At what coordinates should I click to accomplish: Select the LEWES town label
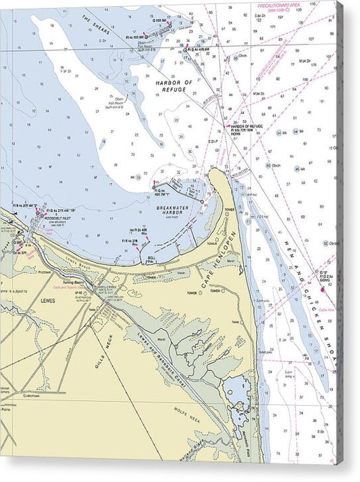pos(48,299)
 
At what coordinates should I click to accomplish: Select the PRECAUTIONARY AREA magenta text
pos(278,5)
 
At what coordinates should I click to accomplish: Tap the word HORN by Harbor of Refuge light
pos(236,134)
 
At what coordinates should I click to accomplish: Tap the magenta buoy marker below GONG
pos(323,288)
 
